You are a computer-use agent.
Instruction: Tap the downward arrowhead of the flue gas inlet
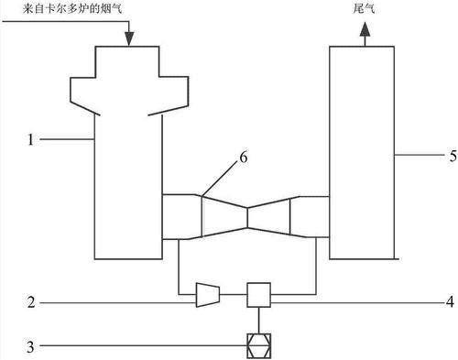pos(128,39)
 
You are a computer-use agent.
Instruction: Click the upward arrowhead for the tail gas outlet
pos(364,31)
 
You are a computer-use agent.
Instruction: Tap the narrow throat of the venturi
pos(248,218)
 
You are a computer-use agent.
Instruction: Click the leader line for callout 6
pos(223,176)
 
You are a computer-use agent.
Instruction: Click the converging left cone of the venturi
pos(224,217)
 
